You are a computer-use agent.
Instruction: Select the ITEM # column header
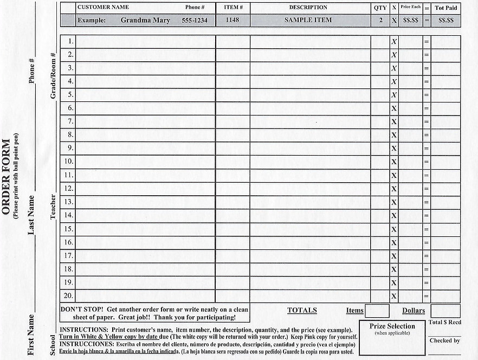pyautogui.click(x=232, y=8)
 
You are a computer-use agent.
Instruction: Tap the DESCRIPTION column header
pyautogui.click(x=308, y=8)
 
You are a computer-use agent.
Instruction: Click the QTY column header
pyautogui.click(x=380, y=8)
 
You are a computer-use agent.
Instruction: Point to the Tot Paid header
pyautogui.click(x=446, y=8)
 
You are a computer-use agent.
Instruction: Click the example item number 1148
pyautogui.click(x=232, y=20)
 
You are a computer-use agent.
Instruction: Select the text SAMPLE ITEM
pyautogui.click(x=308, y=20)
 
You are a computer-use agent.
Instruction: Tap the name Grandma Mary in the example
pyautogui.click(x=145, y=20)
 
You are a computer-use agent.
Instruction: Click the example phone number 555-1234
pyautogui.click(x=194, y=20)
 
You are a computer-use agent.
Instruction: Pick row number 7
pyautogui.click(x=70, y=121)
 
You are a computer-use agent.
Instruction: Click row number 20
pyautogui.click(x=69, y=296)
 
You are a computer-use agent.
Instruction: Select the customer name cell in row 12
pyautogui.click(x=145, y=189)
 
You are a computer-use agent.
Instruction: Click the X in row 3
pyautogui.click(x=394, y=68)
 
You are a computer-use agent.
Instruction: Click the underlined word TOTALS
pyautogui.click(x=302, y=311)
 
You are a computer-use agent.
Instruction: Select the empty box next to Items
pyautogui.click(x=377, y=311)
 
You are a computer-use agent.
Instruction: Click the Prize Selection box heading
pyautogui.click(x=392, y=326)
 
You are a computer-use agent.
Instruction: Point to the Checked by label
pyautogui.click(x=444, y=340)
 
